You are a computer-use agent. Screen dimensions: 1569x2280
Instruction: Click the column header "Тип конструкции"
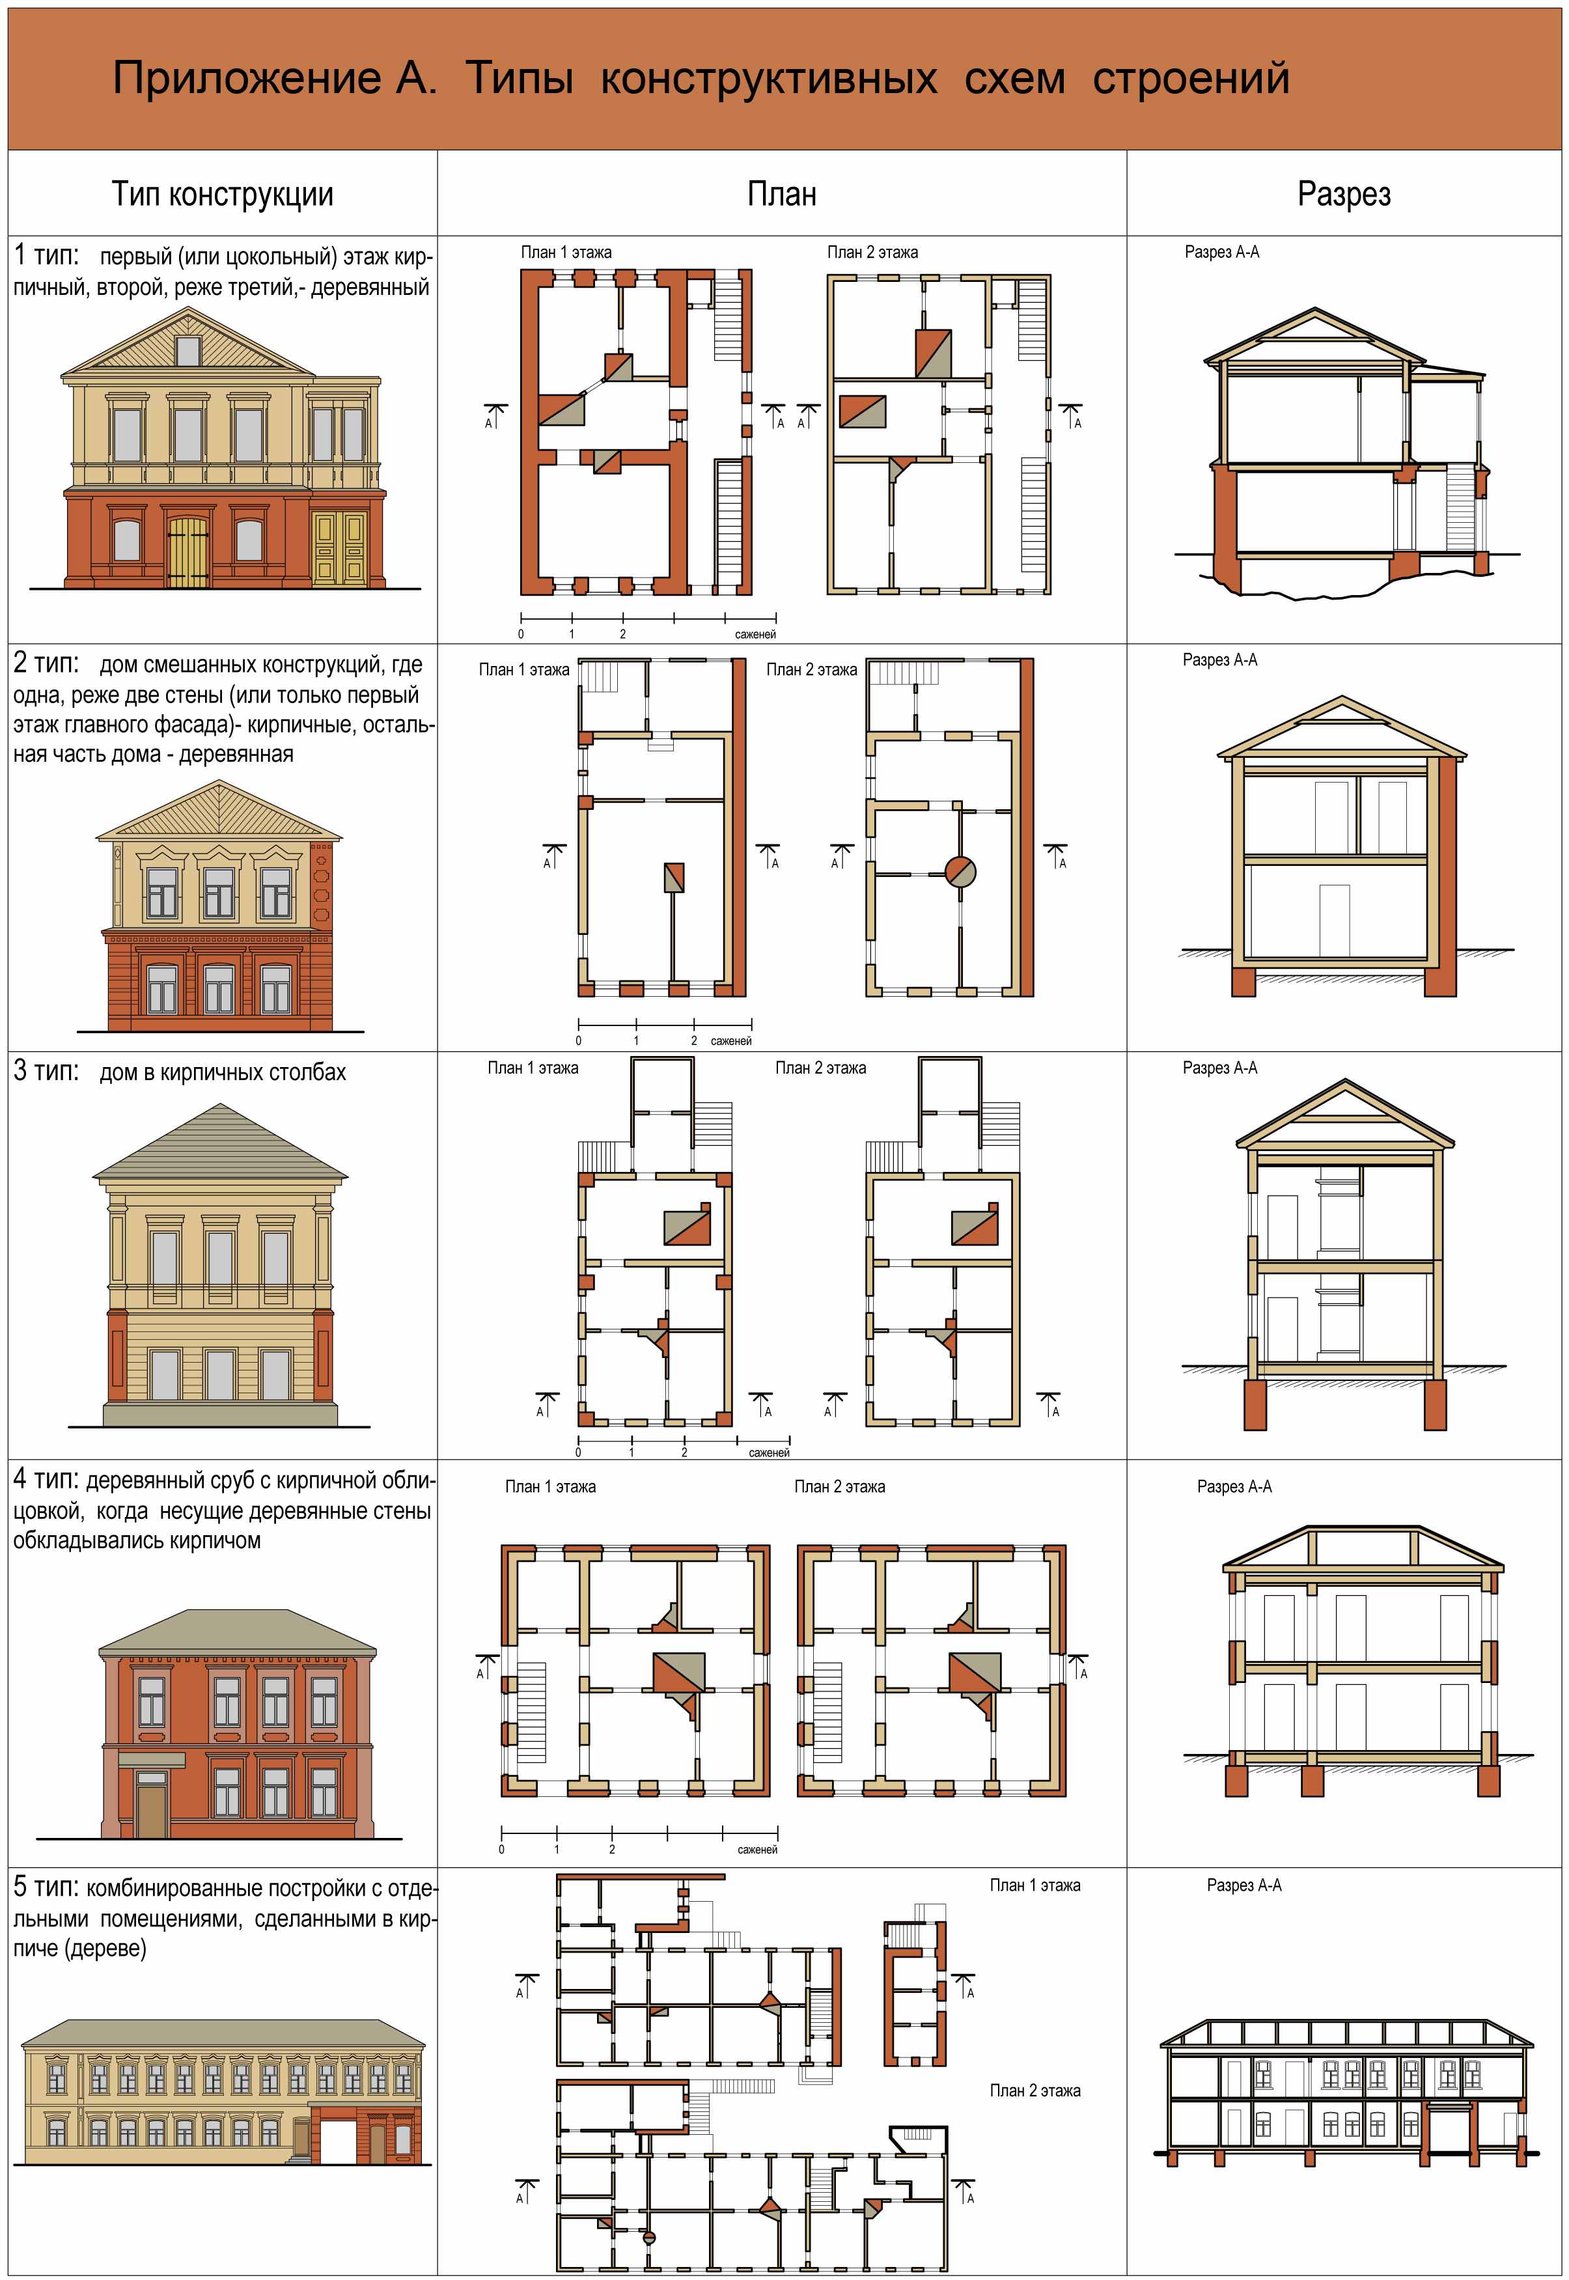click(222, 193)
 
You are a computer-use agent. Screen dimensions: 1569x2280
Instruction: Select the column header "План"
click(781, 193)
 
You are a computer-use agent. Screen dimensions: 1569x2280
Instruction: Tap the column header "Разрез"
click(1344, 193)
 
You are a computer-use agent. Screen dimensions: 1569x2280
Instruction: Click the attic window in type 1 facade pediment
click(187, 351)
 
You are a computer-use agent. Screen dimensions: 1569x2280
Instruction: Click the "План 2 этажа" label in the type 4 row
click(840, 1486)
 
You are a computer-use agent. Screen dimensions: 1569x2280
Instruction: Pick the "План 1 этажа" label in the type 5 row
click(1034, 1885)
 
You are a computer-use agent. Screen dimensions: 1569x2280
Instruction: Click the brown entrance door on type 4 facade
click(152, 1811)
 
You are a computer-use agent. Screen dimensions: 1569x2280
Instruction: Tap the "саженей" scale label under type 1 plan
click(755, 634)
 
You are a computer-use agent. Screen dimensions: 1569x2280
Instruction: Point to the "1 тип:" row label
click(46, 256)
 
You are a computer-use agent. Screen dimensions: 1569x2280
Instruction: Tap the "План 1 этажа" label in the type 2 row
click(524, 669)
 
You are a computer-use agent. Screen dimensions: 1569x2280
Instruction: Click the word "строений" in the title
click(1191, 77)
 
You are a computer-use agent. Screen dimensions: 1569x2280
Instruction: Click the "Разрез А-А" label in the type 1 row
click(1222, 252)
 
